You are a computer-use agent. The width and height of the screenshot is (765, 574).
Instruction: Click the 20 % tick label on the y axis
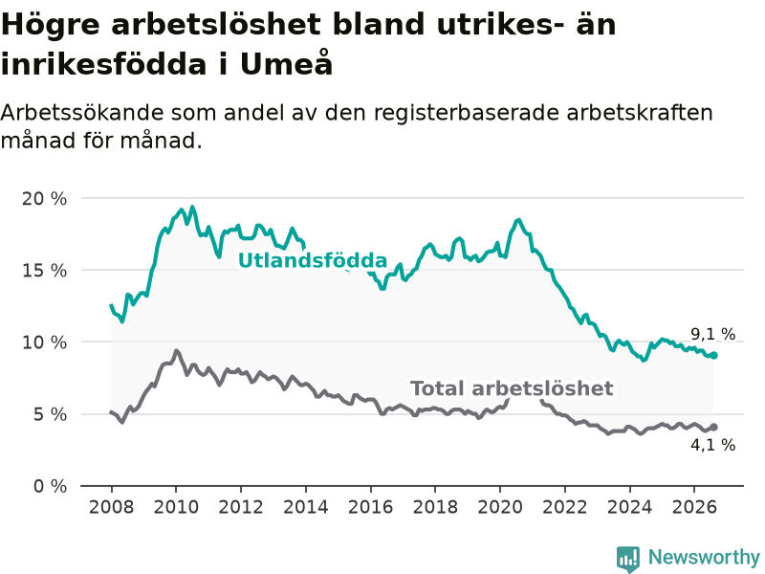click(x=44, y=199)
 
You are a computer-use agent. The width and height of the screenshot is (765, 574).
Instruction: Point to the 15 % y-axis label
click(x=44, y=271)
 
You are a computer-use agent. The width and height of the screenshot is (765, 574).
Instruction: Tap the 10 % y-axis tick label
click(x=44, y=342)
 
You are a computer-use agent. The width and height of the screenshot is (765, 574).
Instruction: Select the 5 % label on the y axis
click(x=51, y=415)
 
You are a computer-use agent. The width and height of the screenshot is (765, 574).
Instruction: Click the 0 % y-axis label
click(x=51, y=487)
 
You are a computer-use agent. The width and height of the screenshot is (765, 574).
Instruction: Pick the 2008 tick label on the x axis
click(x=111, y=507)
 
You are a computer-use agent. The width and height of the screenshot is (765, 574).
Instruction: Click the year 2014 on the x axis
click(x=306, y=507)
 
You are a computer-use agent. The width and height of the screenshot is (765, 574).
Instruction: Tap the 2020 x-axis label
click(x=500, y=507)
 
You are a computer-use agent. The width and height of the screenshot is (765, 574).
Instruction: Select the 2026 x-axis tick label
click(x=694, y=507)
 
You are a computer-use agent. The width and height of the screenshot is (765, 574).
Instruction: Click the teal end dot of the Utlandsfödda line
click(x=713, y=355)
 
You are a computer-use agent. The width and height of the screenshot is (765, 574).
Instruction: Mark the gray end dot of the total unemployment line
click(x=713, y=427)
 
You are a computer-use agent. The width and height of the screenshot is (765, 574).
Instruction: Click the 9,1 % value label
click(x=712, y=334)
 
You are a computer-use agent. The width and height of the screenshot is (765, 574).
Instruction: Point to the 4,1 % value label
click(x=712, y=445)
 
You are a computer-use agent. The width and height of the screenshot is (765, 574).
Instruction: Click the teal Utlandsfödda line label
click(x=313, y=260)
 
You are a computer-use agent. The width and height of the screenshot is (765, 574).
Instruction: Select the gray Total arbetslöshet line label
click(x=512, y=388)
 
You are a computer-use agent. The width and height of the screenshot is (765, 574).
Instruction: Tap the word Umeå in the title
click(x=286, y=63)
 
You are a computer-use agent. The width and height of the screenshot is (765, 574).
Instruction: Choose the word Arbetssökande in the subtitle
click(x=82, y=113)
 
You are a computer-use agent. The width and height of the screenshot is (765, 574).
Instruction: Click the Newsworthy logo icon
click(x=628, y=559)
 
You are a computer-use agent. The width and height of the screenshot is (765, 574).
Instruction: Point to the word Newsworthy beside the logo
click(x=704, y=558)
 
